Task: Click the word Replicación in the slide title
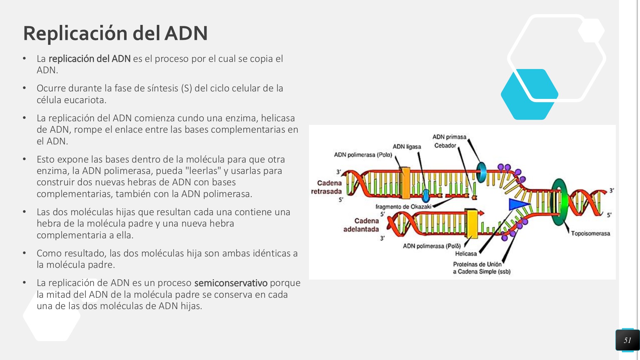point(75,33)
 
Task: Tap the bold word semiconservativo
point(231,283)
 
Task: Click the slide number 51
point(627,340)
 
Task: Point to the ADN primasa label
point(449,137)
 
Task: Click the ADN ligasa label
point(407,147)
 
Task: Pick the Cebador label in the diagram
point(445,145)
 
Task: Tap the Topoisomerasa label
point(590,233)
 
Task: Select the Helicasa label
point(466,254)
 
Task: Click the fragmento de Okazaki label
point(403,207)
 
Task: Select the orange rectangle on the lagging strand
point(406,183)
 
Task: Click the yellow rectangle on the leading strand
point(472,223)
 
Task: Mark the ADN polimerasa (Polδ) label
point(432,246)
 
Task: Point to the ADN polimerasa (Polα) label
point(363,155)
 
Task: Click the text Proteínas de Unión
point(477,264)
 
